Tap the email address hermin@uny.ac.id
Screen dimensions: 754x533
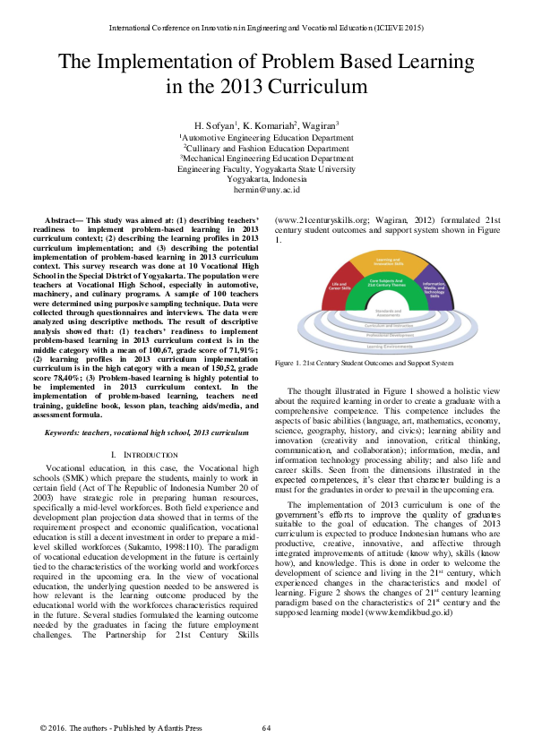266,190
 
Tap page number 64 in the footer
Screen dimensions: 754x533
266,728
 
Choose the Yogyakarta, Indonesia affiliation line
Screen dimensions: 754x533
266,179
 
